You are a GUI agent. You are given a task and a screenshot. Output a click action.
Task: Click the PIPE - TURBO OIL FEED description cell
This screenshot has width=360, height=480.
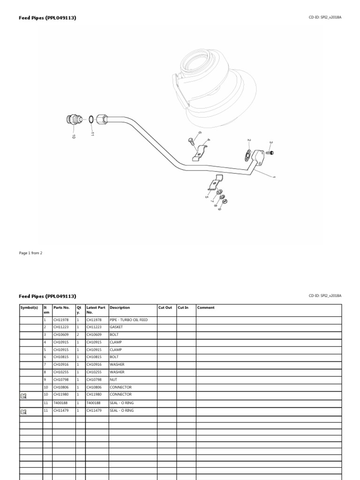coord(128,319)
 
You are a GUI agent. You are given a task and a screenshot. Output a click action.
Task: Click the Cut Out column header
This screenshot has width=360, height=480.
coord(165,307)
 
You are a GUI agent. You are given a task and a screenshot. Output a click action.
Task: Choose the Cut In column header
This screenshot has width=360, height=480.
coord(183,307)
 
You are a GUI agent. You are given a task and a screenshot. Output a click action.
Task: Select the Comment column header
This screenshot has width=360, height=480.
coord(206,307)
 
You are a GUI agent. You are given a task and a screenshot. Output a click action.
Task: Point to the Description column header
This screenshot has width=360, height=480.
coord(120,307)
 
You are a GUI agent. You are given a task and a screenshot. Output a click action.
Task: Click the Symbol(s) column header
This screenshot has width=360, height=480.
coord(28,307)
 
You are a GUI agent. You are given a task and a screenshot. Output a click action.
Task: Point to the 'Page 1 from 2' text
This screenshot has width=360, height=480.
coord(30,253)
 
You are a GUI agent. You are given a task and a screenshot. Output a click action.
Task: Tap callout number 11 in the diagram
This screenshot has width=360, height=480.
coord(93,134)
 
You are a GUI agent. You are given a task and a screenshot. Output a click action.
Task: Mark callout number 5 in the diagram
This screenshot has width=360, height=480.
coord(206,196)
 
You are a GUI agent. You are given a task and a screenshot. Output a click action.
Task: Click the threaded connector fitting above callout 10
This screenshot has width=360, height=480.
coord(73,120)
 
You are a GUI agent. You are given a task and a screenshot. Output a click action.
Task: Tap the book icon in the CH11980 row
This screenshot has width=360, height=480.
coord(24,396)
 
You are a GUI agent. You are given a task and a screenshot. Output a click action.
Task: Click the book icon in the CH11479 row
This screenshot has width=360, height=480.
coord(24,412)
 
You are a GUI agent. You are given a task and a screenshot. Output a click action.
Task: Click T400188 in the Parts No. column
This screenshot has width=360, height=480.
coord(61,403)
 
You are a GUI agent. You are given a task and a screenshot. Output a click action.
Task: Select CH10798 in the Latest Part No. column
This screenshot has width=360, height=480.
coord(94,379)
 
